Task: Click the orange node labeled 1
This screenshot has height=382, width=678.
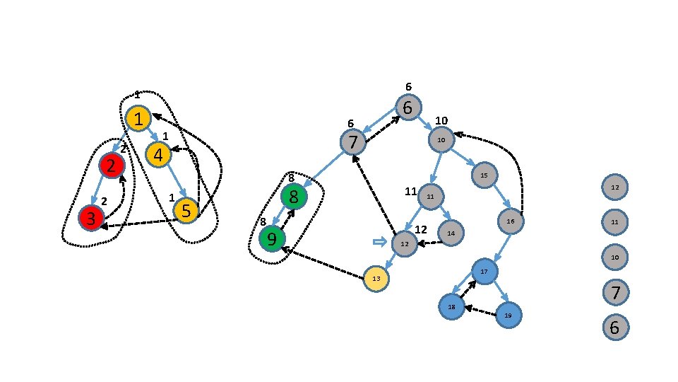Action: tap(139, 119)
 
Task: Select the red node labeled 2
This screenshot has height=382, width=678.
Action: tap(112, 166)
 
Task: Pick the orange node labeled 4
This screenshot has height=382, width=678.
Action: tap(158, 154)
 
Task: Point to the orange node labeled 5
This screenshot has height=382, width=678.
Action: tap(186, 210)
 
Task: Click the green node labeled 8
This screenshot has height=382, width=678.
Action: tap(294, 195)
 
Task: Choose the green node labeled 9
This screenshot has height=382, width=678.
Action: tap(272, 238)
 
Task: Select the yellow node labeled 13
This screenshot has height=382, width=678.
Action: tap(376, 279)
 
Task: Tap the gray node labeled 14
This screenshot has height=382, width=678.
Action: tap(451, 232)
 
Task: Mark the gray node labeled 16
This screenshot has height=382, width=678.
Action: tap(511, 221)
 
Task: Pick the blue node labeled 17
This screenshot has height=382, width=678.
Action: tap(484, 271)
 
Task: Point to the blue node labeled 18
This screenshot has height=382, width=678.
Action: tap(451, 306)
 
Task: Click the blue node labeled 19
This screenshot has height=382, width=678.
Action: tap(508, 315)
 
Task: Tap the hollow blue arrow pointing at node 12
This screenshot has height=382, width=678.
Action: tap(380, 243)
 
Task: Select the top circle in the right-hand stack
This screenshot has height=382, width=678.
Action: tap(614, 187)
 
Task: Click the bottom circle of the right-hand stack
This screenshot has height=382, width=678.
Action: tap(614, 328)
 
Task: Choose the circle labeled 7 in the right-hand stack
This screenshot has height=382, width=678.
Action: tap(614, 291)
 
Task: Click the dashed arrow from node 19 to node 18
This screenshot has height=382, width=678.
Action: tap(480, 311)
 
